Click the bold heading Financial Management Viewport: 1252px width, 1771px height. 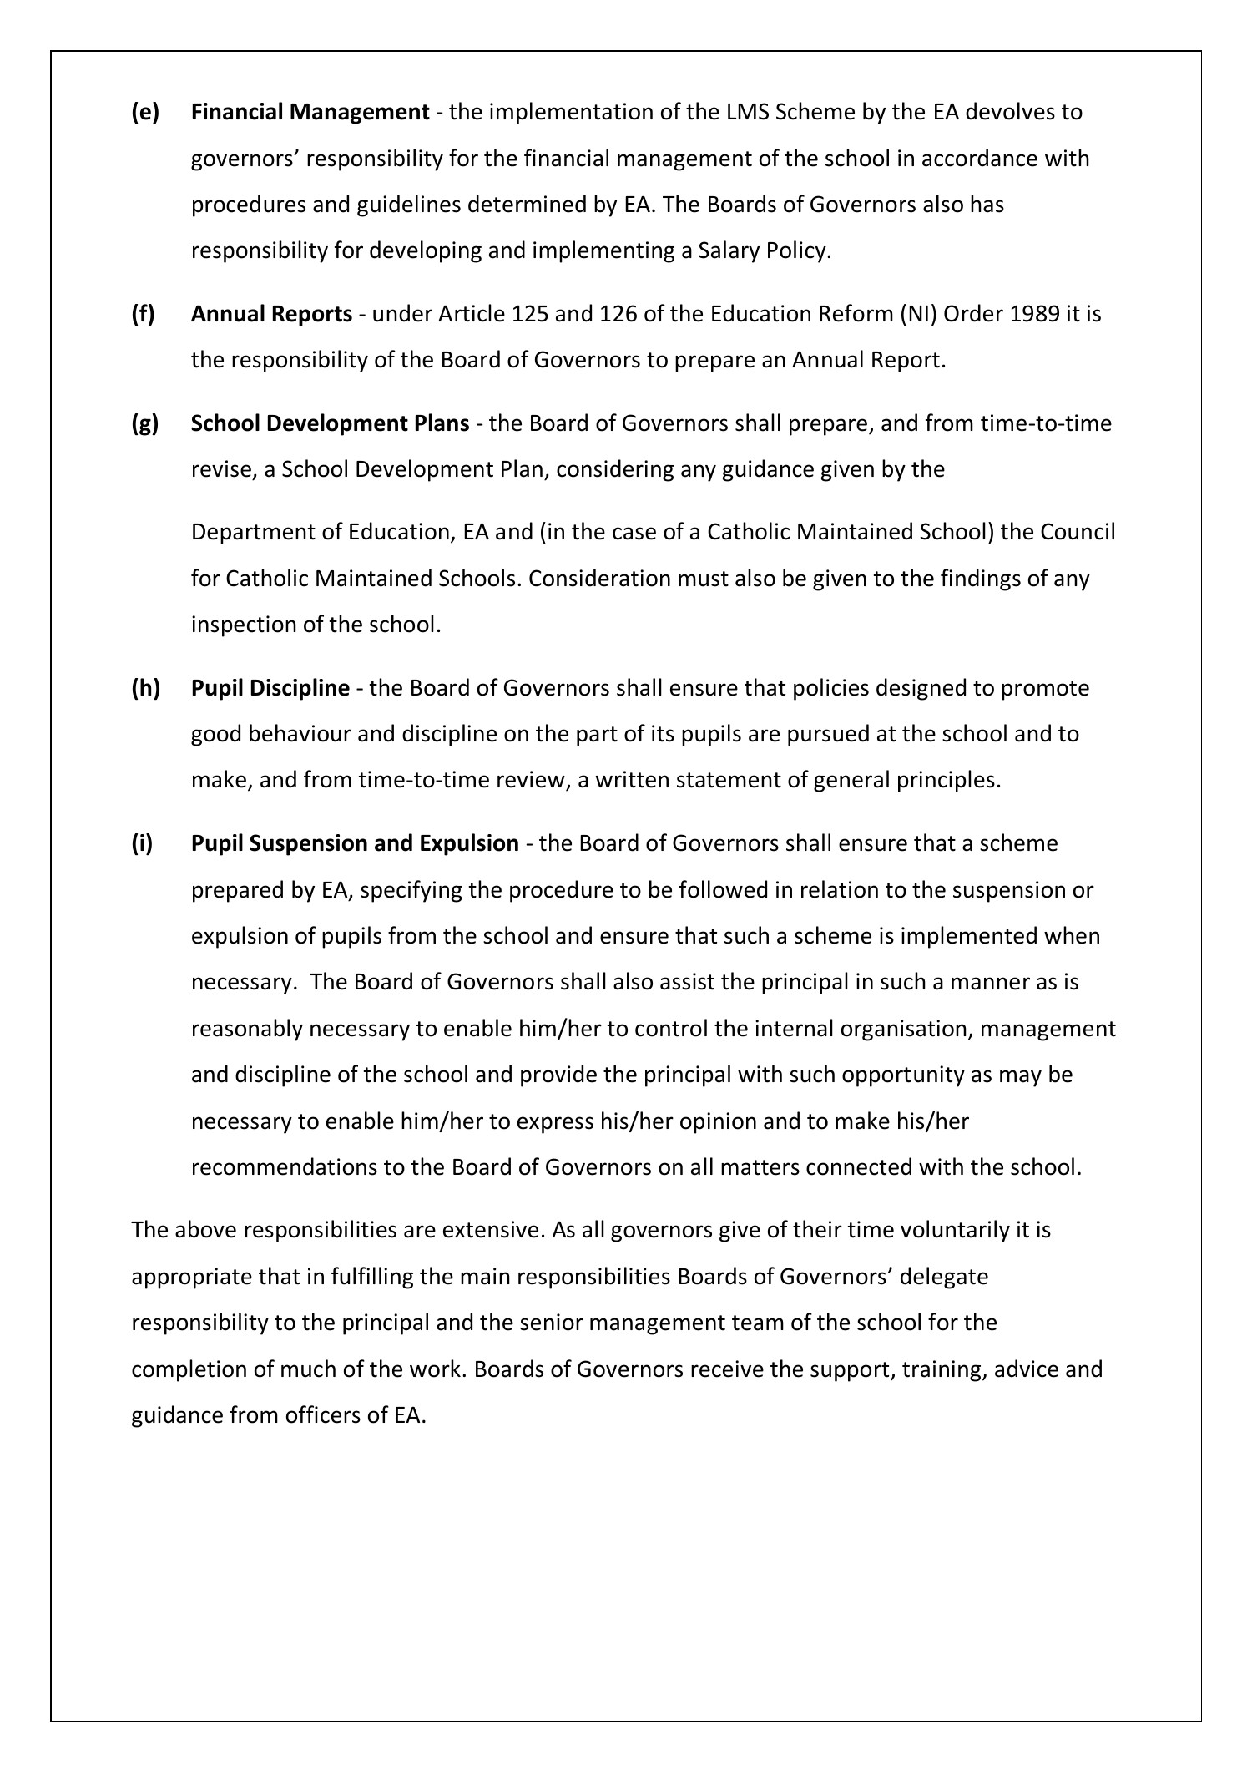[310, 112]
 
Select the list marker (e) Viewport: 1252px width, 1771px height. [145, 112]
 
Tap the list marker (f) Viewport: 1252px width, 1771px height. [144, 314]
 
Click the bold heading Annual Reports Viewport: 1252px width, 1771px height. [271, 314]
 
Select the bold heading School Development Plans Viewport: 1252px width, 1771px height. [330, 423]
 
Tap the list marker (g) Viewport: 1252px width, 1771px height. [145, 423]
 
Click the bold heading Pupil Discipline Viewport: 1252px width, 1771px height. [270, 688]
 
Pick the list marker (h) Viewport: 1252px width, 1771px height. [145, 688]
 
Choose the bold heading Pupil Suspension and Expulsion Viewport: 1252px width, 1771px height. [355, 843]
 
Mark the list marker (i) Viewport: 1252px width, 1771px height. [143, 843]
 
